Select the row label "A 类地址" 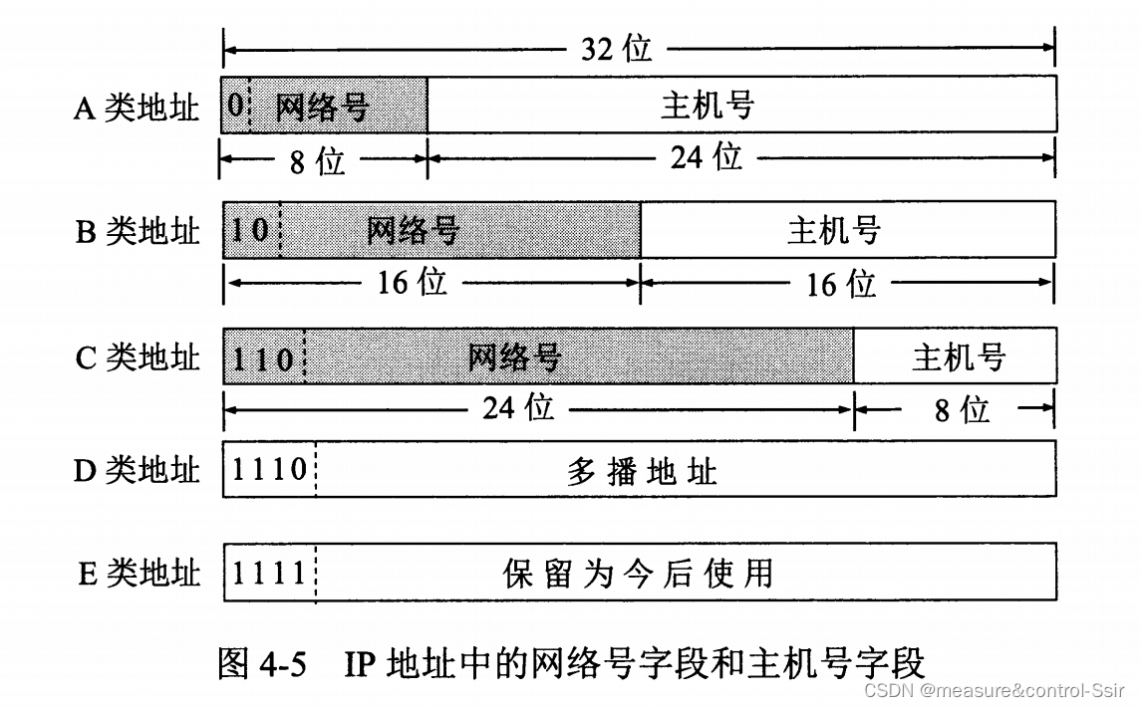(x=136, y=108)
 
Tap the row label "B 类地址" (x=137, y=231)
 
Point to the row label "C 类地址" (x=137, y=356)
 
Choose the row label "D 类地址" (x=136, y=470)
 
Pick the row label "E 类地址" (x=138, y=574)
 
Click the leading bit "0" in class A (x=234, y=106)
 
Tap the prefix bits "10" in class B (x=250, y=230)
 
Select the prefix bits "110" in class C (x=263, y=357)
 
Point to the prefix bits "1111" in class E (x=269, y=573)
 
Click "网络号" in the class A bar (x=322, y=106)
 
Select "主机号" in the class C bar (x=958, y=356)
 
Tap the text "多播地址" (x=642, y=470)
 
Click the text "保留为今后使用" (x=638, y=574)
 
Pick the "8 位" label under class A (x=317, y=161)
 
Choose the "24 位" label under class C (x=518, y=406)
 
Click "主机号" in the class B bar (x=834, y=231)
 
